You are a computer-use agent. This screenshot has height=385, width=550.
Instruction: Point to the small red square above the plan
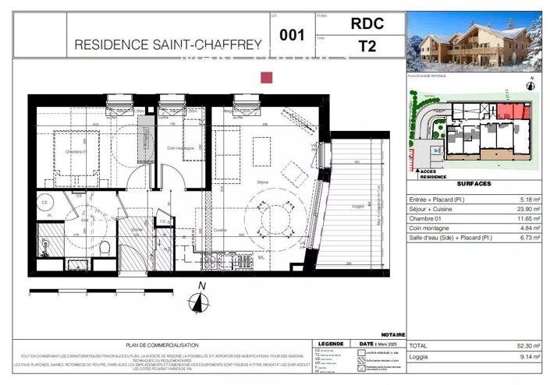[266, 77]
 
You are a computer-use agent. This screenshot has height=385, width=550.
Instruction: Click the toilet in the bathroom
[104, 247]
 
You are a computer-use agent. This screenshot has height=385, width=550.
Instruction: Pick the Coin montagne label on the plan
[181, 148]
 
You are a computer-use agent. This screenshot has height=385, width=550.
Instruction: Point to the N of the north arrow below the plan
[201, 286]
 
